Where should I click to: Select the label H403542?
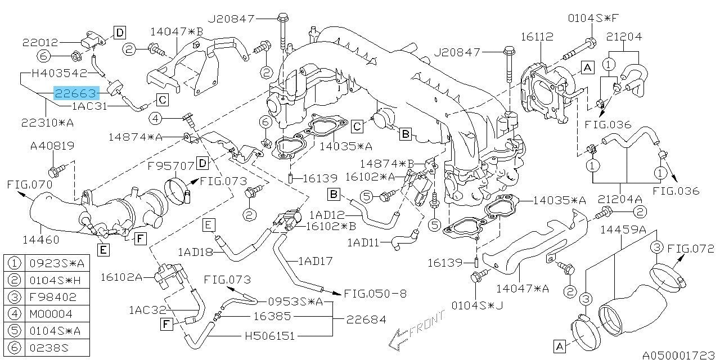coord(59,73)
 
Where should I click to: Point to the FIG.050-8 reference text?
coord(376,294)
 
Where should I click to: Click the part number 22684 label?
coord(366,319)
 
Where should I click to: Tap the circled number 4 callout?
coord(156,118)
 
